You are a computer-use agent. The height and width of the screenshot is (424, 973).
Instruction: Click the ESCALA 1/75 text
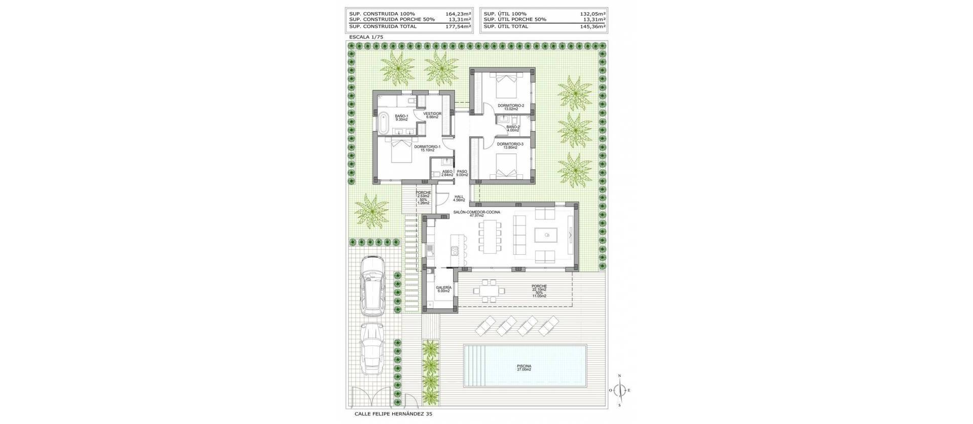(x=366, y=37)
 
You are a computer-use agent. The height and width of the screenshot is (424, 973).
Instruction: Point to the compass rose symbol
(x=619, y=390)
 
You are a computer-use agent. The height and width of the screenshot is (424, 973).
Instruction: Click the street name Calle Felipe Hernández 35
(x=391, y=414)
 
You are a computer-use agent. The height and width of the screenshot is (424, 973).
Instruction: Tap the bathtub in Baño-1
(x=381, y=122)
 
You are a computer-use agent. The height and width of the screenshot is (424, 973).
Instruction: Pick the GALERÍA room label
(x=443, y=289)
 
